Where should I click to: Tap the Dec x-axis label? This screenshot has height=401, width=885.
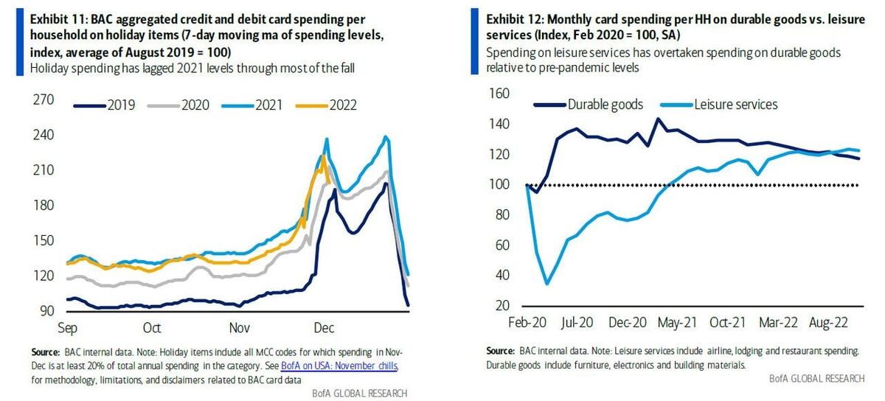pos(324,328)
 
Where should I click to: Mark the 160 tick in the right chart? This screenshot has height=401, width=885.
pos(500,94)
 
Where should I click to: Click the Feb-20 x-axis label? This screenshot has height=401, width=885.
pos(526,322)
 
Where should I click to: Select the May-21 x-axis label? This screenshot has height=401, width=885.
pos(678,322)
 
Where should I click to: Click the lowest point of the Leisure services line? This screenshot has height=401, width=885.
pos(546,284)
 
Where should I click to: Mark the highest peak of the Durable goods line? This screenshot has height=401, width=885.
pos(658,118)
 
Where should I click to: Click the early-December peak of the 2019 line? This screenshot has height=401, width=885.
pos(336,189)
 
